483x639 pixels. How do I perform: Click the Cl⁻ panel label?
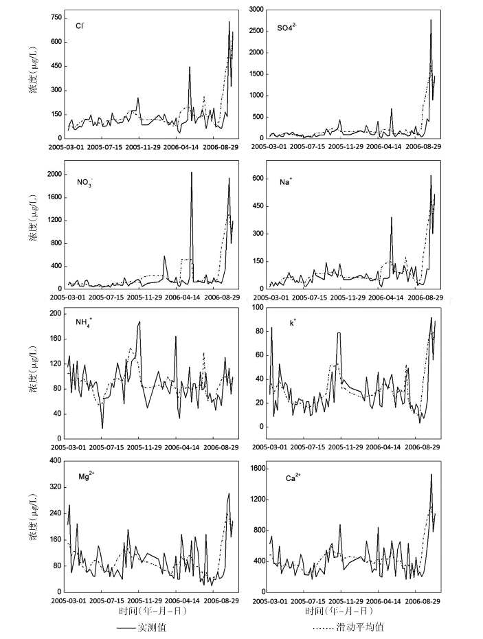tap(80, 26)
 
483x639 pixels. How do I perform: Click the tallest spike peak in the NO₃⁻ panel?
tap(191, 172)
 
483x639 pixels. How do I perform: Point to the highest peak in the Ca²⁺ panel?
tap(431, 474)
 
